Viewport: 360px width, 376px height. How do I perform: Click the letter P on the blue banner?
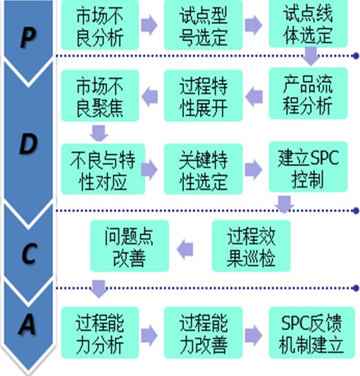28,38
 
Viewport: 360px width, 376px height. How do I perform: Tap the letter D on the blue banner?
28,144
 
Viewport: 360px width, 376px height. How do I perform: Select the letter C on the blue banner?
29,253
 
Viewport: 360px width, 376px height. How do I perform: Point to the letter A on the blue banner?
28,324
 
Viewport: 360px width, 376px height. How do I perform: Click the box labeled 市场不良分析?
100,25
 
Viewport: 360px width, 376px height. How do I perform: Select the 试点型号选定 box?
204,25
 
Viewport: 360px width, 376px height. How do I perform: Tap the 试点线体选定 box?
308,23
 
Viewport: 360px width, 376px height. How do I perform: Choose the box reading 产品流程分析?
308,94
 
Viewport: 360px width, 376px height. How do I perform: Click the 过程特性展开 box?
204,96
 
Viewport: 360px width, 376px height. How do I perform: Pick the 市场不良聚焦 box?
100,96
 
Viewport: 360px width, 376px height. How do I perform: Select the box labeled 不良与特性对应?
103,169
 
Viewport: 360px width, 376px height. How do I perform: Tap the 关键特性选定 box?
204,169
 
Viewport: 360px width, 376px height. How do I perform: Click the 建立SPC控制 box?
308,167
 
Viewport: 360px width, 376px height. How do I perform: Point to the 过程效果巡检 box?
251,246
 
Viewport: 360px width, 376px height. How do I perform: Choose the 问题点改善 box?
130,246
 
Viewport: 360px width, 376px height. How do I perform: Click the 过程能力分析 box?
100,332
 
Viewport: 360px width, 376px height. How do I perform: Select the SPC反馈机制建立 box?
312,332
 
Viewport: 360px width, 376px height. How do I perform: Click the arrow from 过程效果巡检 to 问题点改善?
185,249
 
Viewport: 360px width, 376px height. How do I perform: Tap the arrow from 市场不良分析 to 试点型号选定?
149,25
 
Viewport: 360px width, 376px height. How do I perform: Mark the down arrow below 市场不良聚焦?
99,133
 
